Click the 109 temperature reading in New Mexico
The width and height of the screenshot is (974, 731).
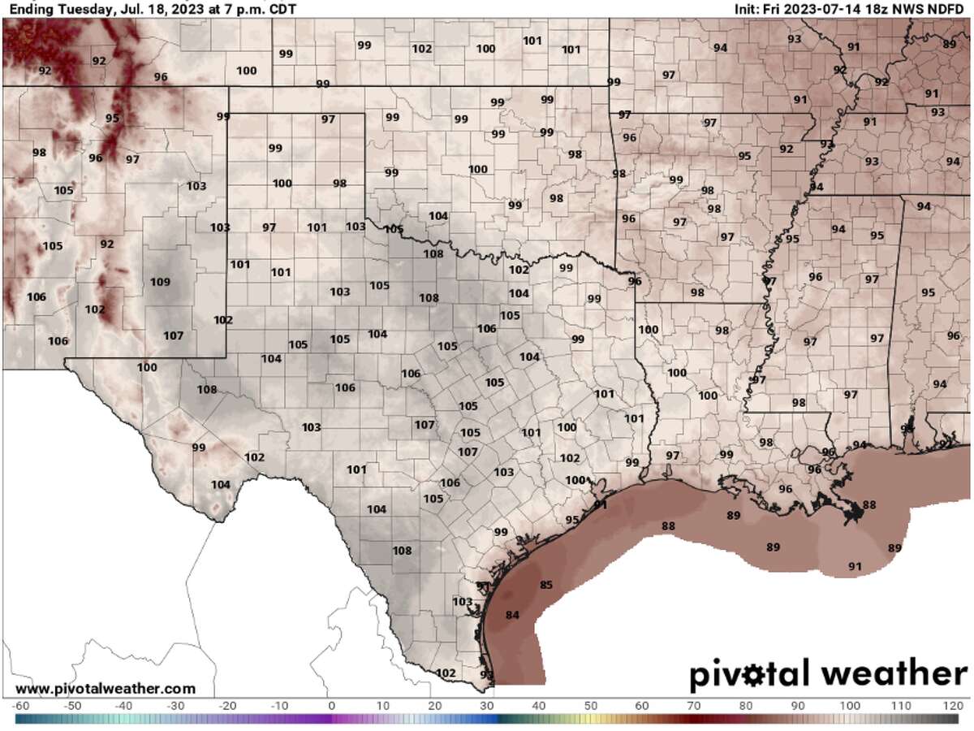click(x=161, y=283)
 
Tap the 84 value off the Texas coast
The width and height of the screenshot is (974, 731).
click(x=512, y=615)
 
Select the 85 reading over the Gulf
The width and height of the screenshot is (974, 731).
click(x=546, y=585)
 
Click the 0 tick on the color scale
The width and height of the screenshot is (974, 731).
click(x=331, y=705)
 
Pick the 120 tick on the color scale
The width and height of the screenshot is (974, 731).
click(x=953, y=705)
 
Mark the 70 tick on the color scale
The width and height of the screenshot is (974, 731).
click(x=694, y=705)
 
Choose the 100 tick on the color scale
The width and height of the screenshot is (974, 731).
click(x=849, y=705)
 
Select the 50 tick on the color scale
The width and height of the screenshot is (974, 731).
click(x=590, y=705)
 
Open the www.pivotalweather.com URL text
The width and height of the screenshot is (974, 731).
click(x=106, y=689)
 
